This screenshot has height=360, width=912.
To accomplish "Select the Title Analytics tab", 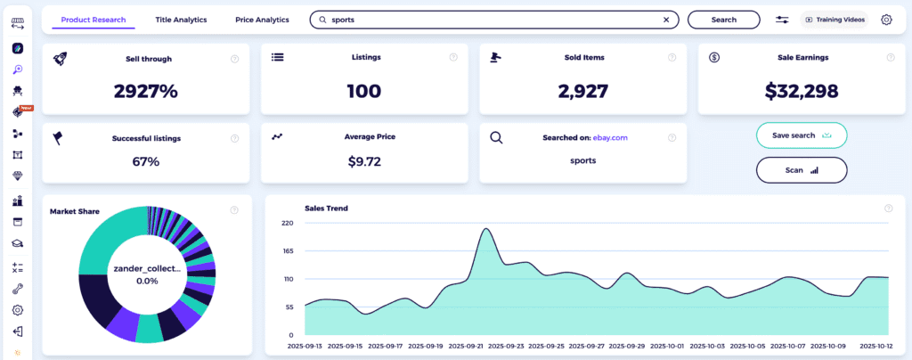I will click(181, 19).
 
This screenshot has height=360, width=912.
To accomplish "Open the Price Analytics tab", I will click(262, 19).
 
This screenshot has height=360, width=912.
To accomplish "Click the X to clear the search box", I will click(666, 19).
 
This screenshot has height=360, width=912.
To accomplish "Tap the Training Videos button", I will click(835, 19).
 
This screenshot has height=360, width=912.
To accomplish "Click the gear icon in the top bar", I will click(886, 19).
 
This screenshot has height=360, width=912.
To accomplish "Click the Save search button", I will click(801, 135).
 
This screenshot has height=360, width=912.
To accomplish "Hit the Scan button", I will click(801, 169).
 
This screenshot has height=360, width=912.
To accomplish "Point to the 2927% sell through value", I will click(146, 90).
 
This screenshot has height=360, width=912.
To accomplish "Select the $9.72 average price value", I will click(364, 161).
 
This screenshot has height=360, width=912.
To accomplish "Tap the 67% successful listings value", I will click(146, 161).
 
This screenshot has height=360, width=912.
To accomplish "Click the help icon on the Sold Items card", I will click(671, 58).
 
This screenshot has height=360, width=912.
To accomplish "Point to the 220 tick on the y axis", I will click(287, 223).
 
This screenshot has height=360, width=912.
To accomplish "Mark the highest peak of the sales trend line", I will click(486, 229).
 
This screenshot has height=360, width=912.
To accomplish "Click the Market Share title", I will click(75, 211).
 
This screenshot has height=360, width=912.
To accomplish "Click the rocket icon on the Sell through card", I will click(60, 58).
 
